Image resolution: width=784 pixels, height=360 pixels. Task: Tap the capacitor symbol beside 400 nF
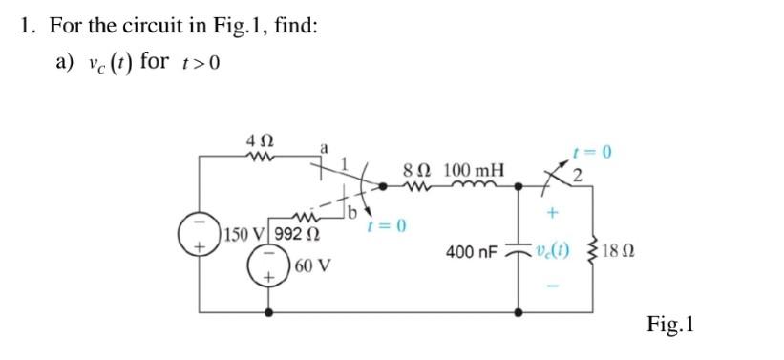point(519,251)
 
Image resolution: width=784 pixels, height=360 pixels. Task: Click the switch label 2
point(577,174)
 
